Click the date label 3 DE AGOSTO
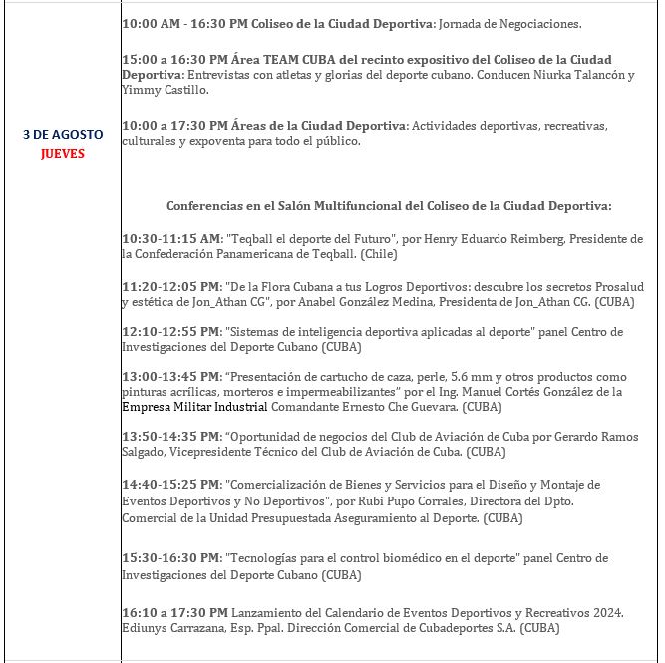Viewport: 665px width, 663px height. click(62, 134)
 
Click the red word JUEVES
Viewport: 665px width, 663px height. click(63, 154)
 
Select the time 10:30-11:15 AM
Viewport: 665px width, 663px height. click(170, 239)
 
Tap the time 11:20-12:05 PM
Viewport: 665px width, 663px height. click(170, 285)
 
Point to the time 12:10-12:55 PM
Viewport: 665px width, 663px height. click(170, 331)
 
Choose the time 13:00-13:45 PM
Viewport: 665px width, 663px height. click(170, 377)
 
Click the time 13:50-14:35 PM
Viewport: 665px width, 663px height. click(170, 437)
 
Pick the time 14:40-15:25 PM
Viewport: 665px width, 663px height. click(170, 484)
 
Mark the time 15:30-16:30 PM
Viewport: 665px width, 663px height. click(170, 558)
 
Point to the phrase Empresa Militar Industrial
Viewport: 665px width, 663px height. click(194, 407)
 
